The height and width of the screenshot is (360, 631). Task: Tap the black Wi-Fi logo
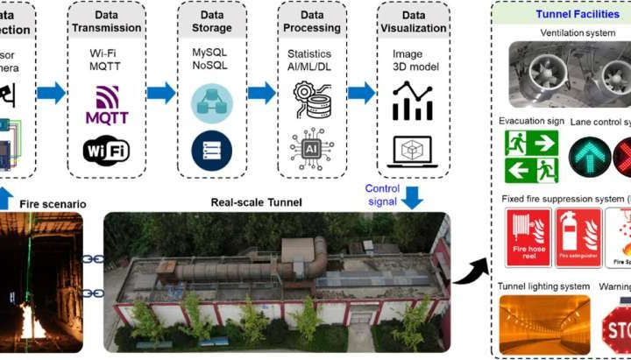107,150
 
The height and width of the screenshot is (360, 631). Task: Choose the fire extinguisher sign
578,238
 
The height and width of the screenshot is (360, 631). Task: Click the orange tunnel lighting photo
542,322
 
